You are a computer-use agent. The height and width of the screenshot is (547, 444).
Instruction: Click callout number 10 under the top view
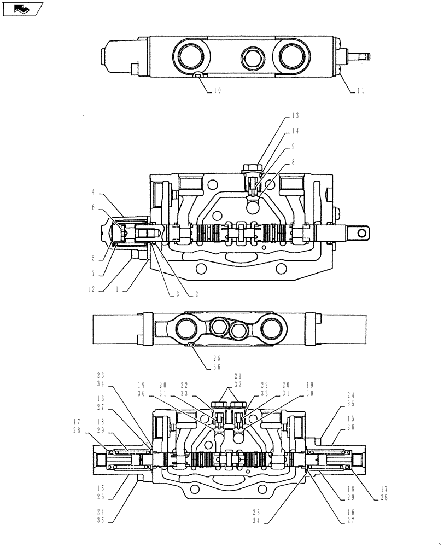tap(217, 91)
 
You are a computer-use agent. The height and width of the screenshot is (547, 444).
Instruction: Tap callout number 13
tap(295, 115)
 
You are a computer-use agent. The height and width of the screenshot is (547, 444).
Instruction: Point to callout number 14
tap(295, 131)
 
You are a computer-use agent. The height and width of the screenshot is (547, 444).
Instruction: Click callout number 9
tap(294, 147)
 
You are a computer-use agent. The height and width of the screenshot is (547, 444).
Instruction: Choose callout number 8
tap(294, 162)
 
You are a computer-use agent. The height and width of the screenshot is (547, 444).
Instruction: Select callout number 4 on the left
tap(94, 192)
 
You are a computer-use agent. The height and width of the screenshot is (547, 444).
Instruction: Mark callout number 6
tap(94, 208)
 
